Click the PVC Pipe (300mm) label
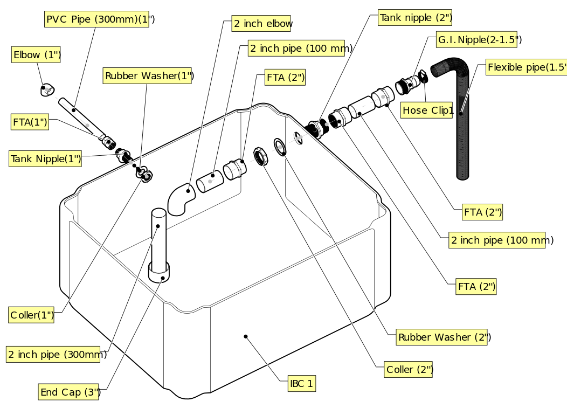[x=96, y=20]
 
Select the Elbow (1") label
[x=36, y=55]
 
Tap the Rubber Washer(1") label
[x=148, y=76]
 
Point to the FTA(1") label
[x=30, y=122]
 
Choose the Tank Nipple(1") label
[x=46, y=159]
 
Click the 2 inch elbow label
[x=262, y=24]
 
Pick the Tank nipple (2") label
[x=415, y=18]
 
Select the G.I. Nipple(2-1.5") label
[x=477, y=40]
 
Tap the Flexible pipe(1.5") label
[x=527, y=67]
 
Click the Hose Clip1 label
[x=427, y=110]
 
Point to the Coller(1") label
[x=32, y=315]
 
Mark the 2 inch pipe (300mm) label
[x=53, y=355]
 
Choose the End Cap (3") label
[x=69, y=392]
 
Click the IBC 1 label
[x=302, y=384]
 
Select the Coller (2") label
[x=409, y=370]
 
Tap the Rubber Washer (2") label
[x=442, y=337]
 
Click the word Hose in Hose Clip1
[x=414, y=110]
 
